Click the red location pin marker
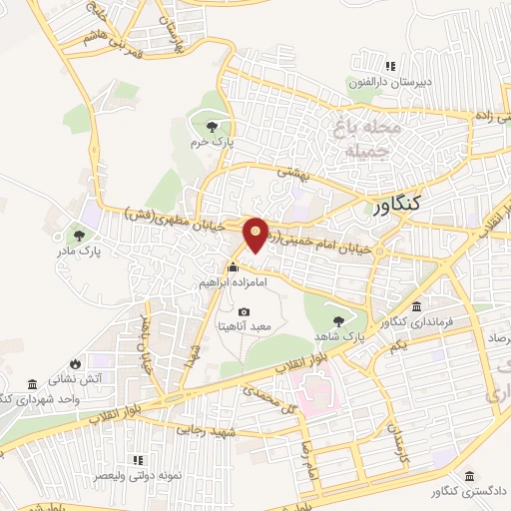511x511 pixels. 256,235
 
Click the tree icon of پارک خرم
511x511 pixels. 212,127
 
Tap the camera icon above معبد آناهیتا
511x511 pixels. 244,312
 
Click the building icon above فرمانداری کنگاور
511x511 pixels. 415,306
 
